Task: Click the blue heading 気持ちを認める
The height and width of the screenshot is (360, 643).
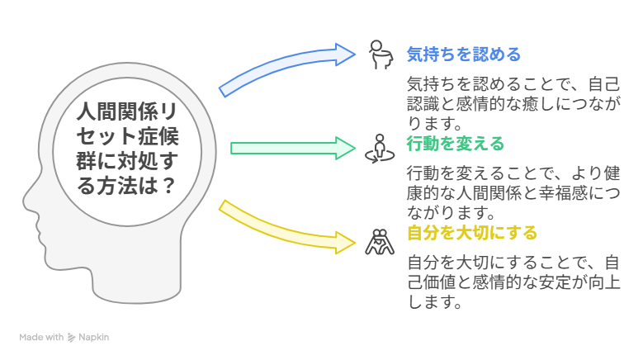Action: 463,54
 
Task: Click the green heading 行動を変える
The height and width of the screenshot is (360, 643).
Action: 455,144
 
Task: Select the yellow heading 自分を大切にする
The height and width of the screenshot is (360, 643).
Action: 472,233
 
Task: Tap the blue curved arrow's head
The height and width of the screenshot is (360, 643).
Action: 345,54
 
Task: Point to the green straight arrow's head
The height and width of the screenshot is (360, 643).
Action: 345,148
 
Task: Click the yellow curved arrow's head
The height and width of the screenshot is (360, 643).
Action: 345,243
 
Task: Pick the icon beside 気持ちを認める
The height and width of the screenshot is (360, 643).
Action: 381,54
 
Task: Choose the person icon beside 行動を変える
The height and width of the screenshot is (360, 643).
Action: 380,149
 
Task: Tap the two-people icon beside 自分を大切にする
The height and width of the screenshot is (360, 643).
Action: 380,242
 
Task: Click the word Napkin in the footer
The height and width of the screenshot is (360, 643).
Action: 93,337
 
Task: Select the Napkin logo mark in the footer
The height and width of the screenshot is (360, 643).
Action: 71,338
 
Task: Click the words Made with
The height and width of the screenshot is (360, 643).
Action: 41,337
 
